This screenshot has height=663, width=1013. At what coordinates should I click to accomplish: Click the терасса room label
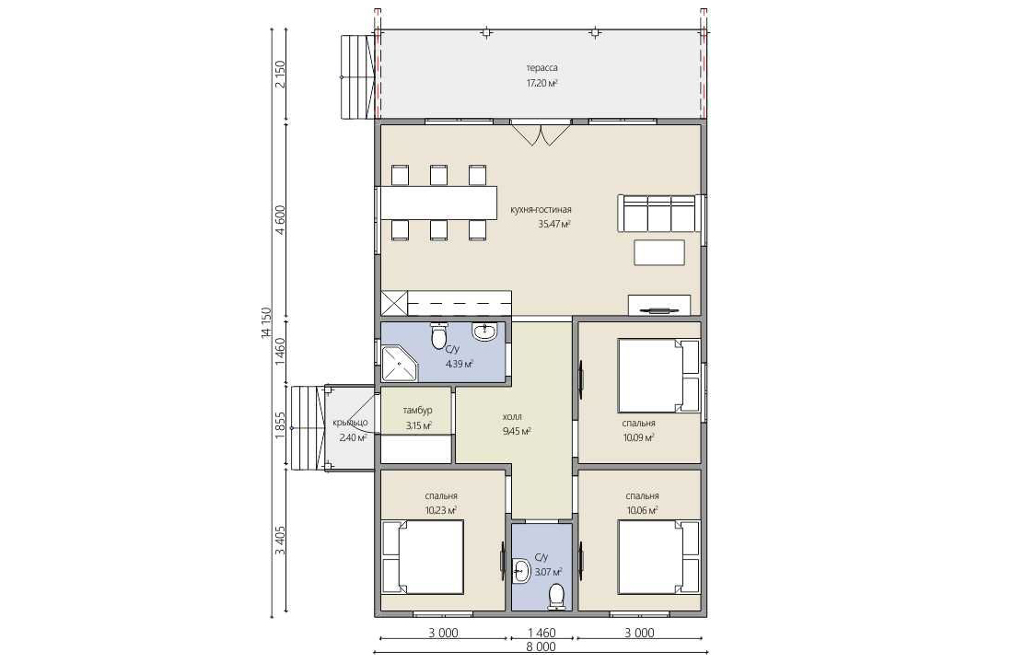click(542, 68)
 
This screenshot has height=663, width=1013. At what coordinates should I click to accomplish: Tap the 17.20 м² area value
click(542, 83)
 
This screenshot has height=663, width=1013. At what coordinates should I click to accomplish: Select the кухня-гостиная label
click(541, 209)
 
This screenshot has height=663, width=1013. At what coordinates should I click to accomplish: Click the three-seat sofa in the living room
click(658, 213)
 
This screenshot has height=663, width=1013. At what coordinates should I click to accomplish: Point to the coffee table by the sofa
click(659, 252)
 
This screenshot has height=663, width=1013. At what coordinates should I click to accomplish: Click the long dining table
click(438, 203)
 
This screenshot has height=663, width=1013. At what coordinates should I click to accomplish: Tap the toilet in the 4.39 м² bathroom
click(438, 335)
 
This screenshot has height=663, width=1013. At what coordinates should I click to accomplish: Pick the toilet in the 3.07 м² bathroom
click(556, 597)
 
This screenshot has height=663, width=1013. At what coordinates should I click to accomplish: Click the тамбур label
click(417, 411)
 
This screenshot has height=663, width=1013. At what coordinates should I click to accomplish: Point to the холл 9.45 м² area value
click(517, 431)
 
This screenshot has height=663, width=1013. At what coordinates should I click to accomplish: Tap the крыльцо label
click(350, 423)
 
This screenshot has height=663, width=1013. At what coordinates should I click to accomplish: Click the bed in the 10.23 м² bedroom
click(424, 557)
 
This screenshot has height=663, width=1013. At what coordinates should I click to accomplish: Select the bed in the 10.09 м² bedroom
click(659, 376)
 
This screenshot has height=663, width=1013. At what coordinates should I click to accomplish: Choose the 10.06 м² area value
click(642, 510)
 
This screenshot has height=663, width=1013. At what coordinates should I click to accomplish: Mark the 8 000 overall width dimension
click(541, 646)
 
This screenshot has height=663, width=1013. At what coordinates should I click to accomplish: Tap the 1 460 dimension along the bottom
click(541, 633)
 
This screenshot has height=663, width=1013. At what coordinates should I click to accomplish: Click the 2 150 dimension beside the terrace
click(280, 75)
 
